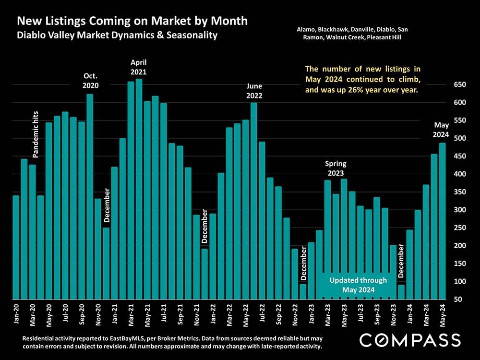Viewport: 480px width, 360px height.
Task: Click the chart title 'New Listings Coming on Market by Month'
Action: (132, 21)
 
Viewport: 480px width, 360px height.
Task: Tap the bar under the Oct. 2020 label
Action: (90, 197)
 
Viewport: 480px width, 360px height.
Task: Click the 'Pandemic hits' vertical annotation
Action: (36, 134)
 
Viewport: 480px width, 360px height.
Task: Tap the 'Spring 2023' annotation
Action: (336, 168)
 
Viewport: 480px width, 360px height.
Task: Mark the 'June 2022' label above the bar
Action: (254, 91)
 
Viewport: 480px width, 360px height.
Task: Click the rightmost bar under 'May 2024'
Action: (442, 221)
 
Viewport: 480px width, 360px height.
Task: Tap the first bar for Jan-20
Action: (16, 247)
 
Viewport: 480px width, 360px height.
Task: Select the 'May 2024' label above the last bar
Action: (441, 130)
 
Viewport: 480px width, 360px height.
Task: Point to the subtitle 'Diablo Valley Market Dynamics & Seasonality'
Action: (117, 36)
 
